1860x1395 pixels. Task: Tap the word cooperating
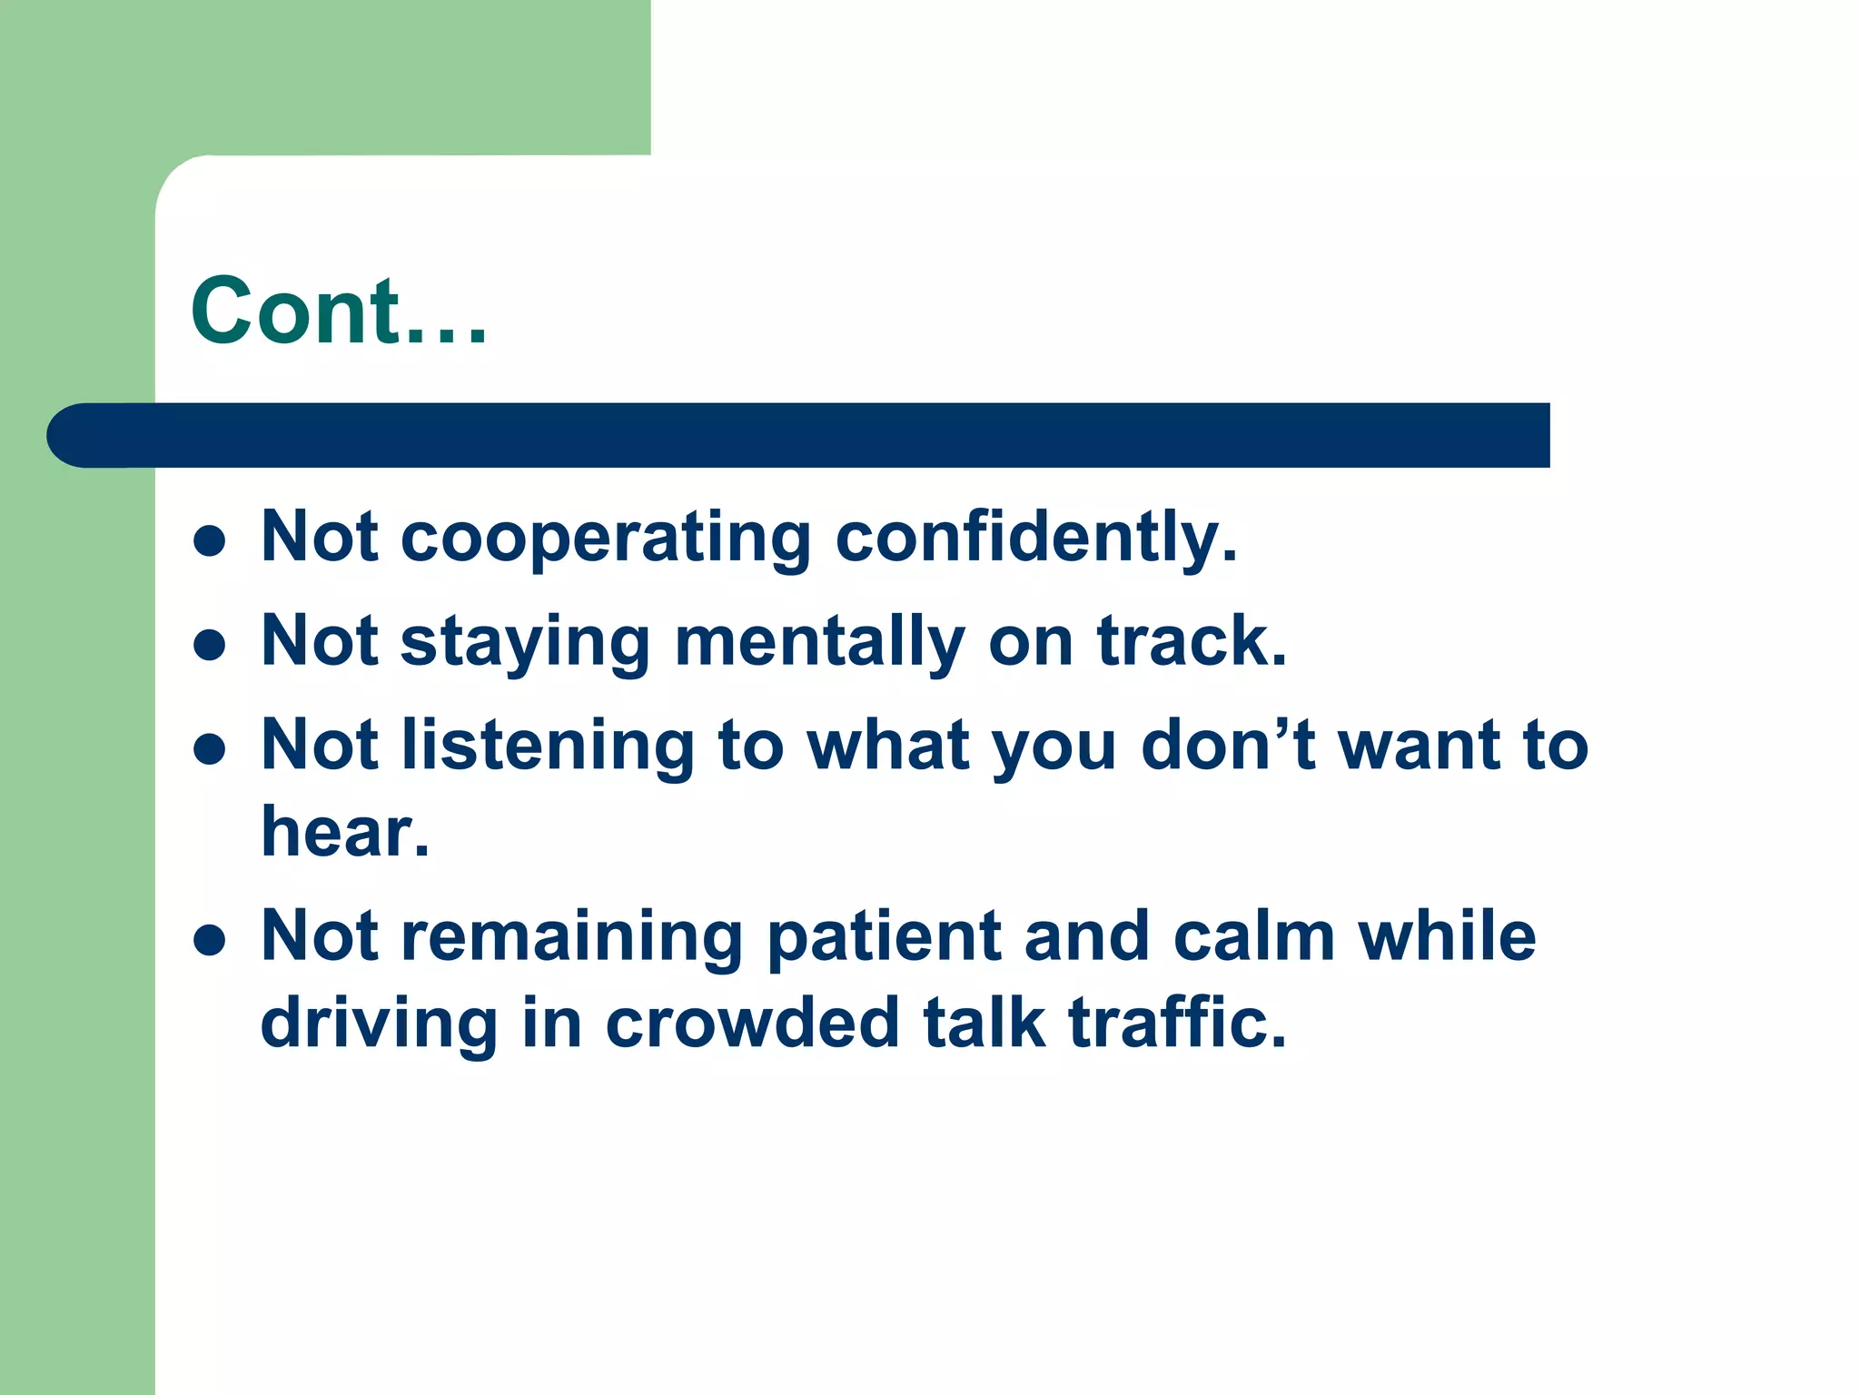click(605, 538)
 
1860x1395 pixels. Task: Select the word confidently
click(1035, 538)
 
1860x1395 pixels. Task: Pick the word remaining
click(572, 937)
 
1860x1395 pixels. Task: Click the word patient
click(885, 937)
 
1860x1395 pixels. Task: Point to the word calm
click(1254, 937)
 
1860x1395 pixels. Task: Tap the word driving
click(379, 1024)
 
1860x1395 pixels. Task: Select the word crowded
click(752, 1023)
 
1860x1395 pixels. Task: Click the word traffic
click(1177, 1023)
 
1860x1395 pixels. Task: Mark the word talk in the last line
click(984, 1023)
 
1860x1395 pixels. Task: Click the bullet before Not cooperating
click(210, 541)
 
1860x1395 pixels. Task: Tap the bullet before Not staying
click(210, 646)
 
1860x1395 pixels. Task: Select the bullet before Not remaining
click(210, 941)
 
